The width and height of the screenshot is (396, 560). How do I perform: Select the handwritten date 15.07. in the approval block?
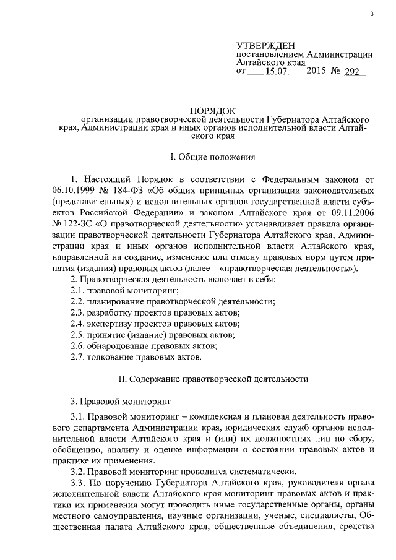(277, 72)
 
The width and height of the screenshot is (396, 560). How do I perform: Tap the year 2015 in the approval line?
(319, 72)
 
